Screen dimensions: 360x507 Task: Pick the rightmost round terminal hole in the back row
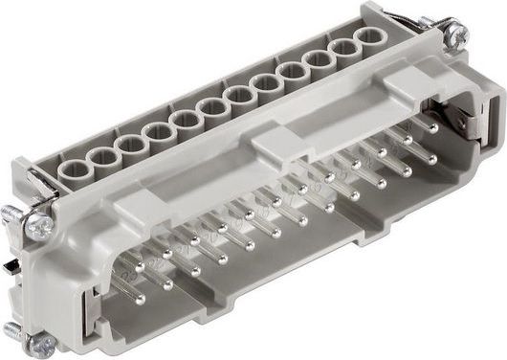click(x=366, y=40)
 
